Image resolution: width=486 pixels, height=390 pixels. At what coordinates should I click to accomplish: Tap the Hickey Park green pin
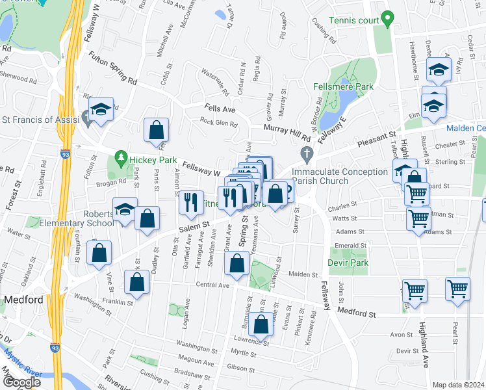[120, 157]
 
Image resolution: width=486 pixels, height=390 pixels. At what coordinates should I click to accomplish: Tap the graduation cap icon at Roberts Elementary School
[124, 210]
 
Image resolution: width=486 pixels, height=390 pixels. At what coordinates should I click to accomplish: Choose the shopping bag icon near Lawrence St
[261, 324]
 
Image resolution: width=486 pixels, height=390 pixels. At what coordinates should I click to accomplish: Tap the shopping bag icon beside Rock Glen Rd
[157, 130]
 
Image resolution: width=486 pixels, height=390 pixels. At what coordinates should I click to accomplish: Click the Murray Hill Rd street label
[287, 133]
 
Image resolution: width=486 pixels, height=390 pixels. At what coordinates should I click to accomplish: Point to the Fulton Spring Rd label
[114, 69]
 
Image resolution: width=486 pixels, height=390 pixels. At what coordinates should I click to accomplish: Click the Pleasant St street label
[374, 138]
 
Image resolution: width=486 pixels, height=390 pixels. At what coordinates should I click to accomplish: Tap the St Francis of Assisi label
[40, 120]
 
